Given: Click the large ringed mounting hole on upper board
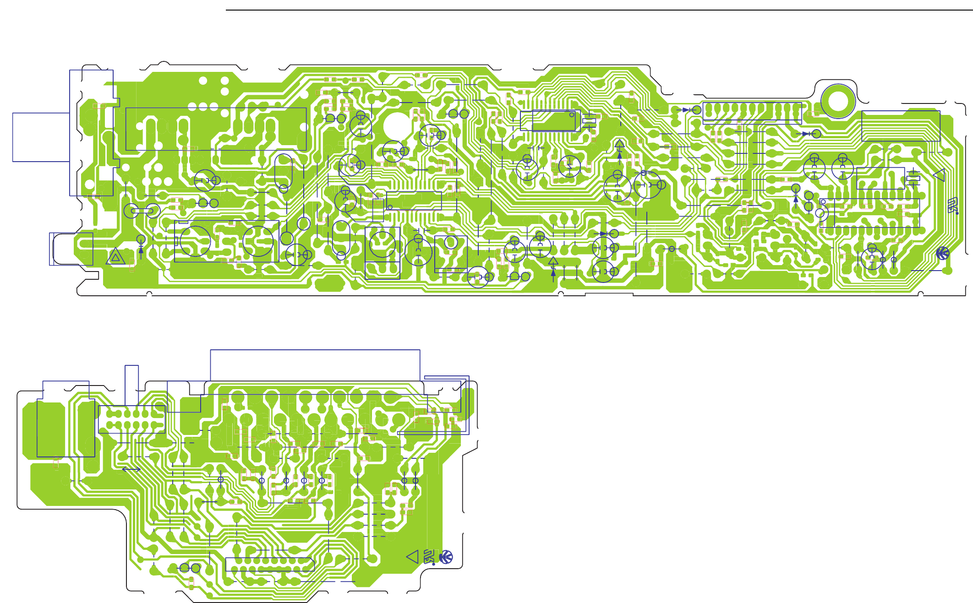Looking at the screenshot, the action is (x=838, y=101).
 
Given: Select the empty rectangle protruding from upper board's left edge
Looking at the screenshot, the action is (x=41, y=137).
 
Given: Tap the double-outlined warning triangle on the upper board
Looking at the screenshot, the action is (x=115, y=257).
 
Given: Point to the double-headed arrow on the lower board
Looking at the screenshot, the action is (x=131, y=469).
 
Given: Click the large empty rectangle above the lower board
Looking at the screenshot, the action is (x=315, y=365).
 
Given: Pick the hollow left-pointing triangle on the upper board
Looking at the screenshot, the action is (x=939, y=175).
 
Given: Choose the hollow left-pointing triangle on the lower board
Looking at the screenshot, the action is (x=413, y=557).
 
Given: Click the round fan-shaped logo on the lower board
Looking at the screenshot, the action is (x=446, y=557).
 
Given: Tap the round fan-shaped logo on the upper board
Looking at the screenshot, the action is (x=943, y=253).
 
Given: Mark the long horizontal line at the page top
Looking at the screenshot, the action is (x=596, y=10).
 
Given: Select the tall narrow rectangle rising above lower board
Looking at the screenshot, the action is (x=131, y=385).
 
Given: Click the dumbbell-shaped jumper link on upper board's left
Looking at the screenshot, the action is (x=142, y=211).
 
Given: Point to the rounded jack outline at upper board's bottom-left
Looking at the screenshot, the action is (x=71, y=249).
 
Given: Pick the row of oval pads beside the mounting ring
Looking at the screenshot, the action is (x=752, y=110).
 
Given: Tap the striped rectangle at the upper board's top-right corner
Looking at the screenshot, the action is (x=901, y=126).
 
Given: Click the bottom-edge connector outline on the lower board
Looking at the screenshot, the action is (x=270, y=565).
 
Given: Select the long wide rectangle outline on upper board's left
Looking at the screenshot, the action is (x=216, y=129).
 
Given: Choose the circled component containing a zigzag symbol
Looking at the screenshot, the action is (x=569, y=166).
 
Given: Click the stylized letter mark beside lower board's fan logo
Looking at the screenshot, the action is (x=429, y=557).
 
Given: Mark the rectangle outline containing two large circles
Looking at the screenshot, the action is (x=227, y=241).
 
